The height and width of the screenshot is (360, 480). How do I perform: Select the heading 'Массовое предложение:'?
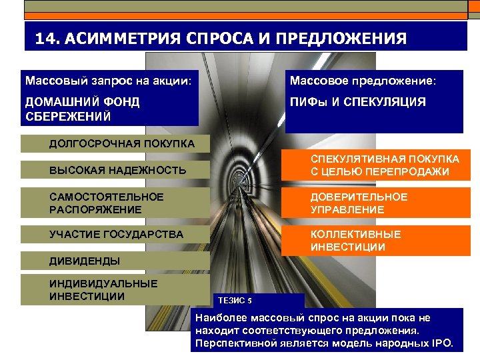(363, 80)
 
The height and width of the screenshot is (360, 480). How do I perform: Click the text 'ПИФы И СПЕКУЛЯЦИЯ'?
(357, 103)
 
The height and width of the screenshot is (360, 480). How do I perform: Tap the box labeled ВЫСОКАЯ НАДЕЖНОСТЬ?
(117, 171)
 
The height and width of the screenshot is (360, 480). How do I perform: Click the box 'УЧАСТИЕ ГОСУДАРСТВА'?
(116, 235)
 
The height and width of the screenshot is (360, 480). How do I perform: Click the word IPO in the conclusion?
(441, 343)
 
